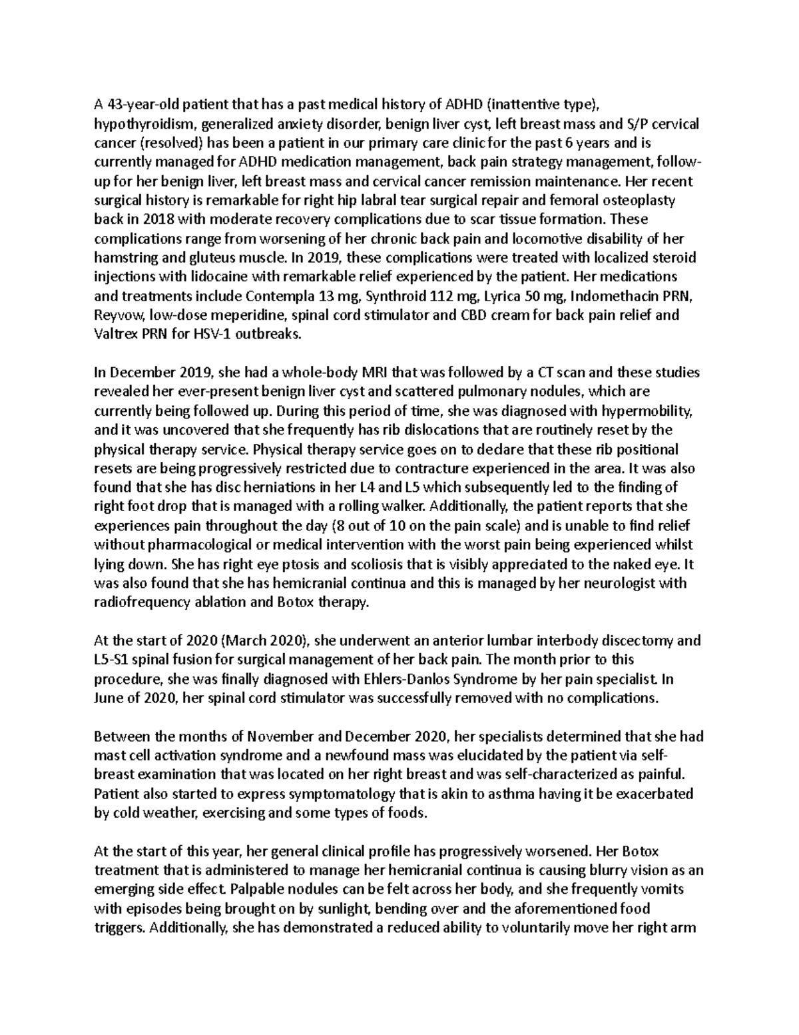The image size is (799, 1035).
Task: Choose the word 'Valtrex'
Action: click(117, 335)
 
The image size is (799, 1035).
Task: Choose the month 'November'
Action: click(278, 737)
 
